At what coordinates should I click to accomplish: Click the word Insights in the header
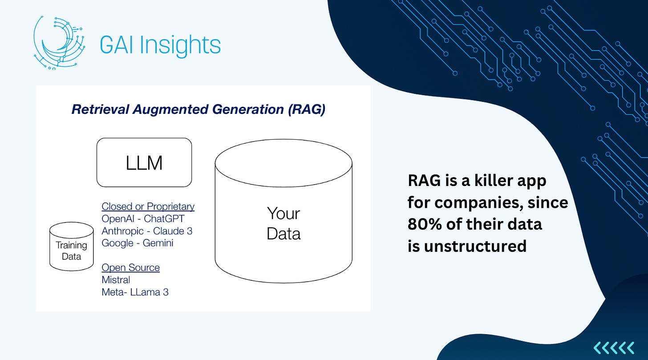pyautogui.click(x=180, y=46)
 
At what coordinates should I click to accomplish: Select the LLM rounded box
pyautogui.click(x=144, y=162)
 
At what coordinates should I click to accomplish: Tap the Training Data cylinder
pyautogui.click(x=72, y=247)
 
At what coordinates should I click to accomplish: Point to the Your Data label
pyautogui.click(x=283, y=223)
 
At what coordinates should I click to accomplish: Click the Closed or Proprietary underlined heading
pyautogui.click(x=148, y=206)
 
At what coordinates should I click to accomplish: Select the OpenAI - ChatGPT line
pyautogui.click(x=143, y=218)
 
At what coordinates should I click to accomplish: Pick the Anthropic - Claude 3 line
pyautogui.click(x=147, y=231)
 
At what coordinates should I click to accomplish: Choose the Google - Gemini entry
pyautogui.click(x=138, y=243)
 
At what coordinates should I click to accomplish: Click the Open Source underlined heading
pyautogui.click(x=130, y=267)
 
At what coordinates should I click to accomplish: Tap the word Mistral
pyautogui.click(x=116, y=280)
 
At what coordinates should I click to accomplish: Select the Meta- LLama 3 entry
pyautogui.click(x=135, y=292)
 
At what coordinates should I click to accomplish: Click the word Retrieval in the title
pyautogui.click(x=100, y=109)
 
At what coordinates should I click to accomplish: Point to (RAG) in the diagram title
pyautogui.click(x=307, y=110)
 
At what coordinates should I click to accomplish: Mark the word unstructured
pyautogui.click(x=475, y=247)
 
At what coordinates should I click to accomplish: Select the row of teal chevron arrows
pyautogui.click(x=614, y=348)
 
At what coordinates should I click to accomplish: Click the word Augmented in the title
pyautogui.click(x=171, y=110)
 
